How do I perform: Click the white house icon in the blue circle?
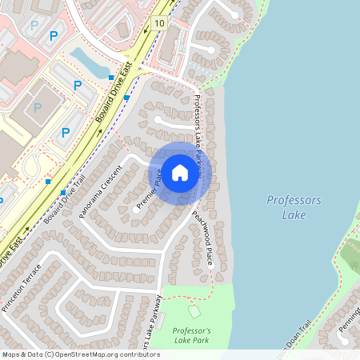click(180, 172)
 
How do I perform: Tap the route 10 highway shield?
click(160, 23)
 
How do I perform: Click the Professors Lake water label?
click(294, 206)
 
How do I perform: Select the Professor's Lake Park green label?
click(192, 336)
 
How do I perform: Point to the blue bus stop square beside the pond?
click(110, 77)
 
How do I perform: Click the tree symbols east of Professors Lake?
click(350, 254)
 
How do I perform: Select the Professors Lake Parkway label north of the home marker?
click(199, 128)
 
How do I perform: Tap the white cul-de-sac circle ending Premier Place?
click(133, 211)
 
